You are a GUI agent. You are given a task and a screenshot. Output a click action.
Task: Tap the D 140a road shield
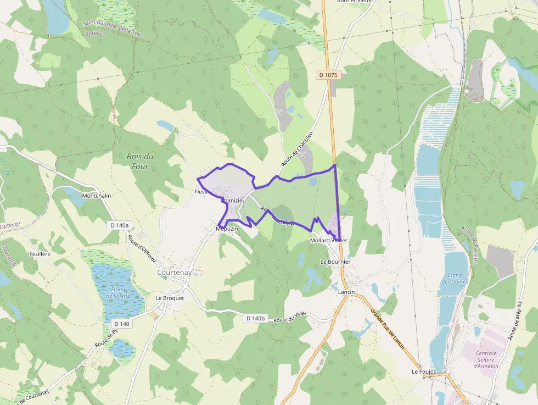point(119,225)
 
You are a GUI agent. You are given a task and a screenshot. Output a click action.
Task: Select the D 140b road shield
point(255,318)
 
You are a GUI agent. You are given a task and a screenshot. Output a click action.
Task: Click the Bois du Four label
point(140,161)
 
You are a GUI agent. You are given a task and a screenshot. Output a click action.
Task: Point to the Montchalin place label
point(96,196)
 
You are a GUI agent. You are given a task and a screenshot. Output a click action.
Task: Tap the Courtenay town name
point(174,272)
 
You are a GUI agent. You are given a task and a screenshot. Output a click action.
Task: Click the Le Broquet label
point(170,298)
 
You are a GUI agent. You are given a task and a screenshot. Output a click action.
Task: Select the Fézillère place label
point(40,254)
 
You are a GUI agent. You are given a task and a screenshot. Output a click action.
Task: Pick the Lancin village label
point(347,292)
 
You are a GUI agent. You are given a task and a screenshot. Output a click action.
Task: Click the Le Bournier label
point(335,262)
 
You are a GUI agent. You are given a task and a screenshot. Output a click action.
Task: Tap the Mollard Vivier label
point(328,241)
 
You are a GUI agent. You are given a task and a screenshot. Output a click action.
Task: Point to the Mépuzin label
point(227,228)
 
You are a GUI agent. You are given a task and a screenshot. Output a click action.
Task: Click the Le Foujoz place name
point(424,372)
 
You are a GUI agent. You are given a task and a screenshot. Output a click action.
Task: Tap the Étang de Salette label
point(118,292)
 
